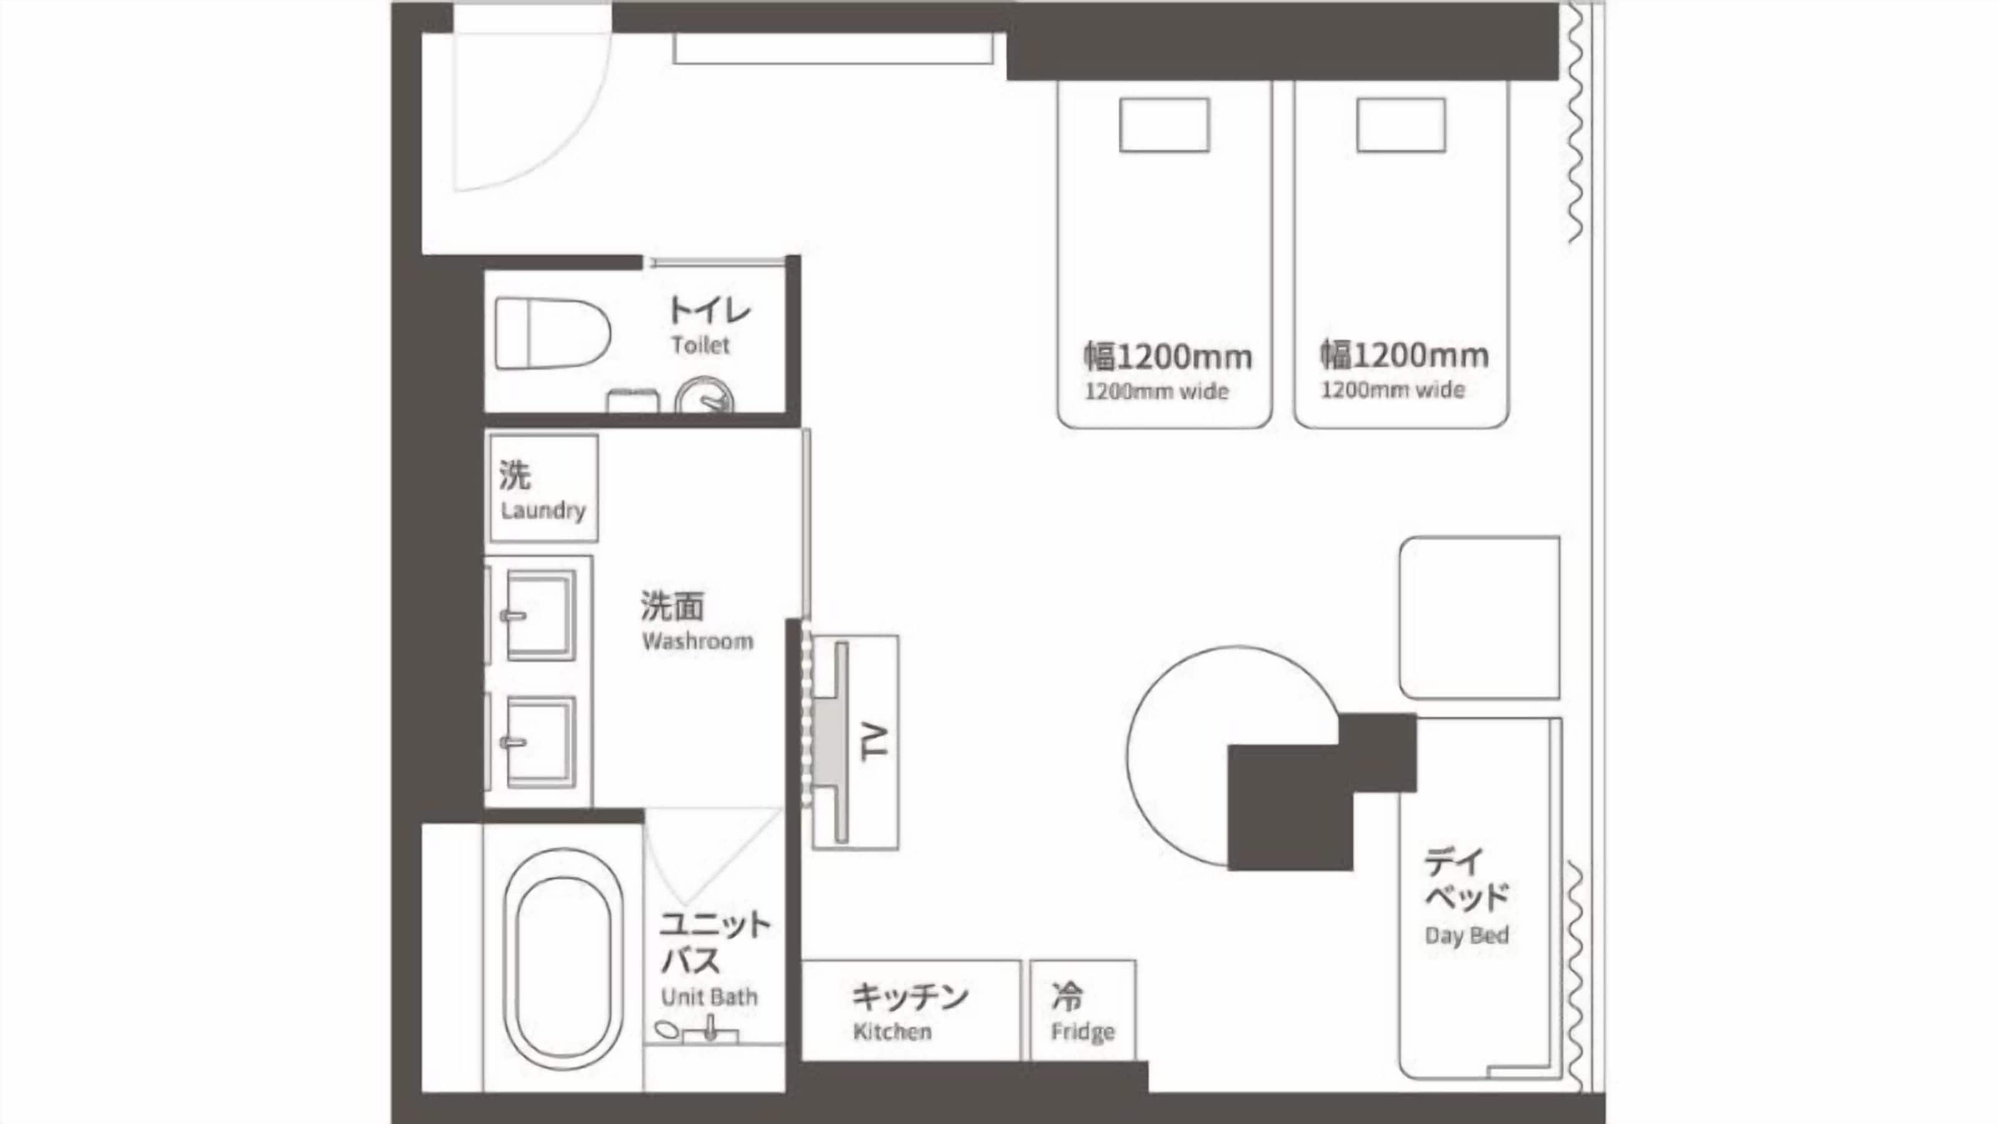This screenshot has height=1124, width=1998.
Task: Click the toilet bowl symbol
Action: (x=552, y=333)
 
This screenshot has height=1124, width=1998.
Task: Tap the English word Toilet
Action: (x=701, y=345)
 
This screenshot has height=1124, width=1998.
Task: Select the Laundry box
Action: (x=544, y=488)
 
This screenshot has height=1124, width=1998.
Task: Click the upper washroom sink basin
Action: (x=541, y=615)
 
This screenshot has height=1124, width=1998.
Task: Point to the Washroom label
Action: (x=697, y=641)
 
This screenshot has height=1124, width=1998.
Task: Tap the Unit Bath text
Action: (x=709, y=997)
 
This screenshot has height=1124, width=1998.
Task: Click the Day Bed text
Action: (x=1467, y=935)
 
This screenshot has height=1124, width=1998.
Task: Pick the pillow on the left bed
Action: (x=1164, y=125)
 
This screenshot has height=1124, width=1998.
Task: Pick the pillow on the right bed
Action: (x=1400, y=125)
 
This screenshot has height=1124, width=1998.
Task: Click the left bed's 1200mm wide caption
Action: (x=1156, y=391)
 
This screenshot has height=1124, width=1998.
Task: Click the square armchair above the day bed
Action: (x=1479, y=618)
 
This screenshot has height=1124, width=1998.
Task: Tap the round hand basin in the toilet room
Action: (x=704, y=397)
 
